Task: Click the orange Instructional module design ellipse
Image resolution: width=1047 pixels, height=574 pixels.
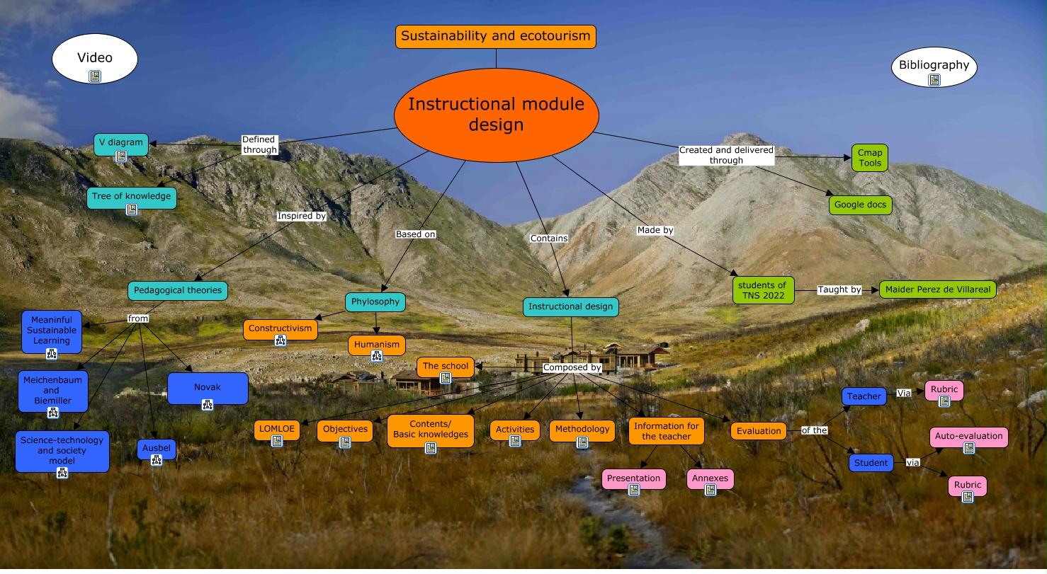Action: coord(496,115)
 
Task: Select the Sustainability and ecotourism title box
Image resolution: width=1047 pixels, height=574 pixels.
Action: coord(495,36)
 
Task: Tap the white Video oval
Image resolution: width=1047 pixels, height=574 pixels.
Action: coord(95,59)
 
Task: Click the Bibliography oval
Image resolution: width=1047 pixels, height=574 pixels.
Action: coord(934,66)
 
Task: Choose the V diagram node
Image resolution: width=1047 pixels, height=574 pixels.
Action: coord(121,143)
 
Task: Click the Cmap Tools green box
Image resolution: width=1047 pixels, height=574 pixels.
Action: coord(869,158)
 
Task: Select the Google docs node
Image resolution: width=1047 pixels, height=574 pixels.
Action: coord(860,205)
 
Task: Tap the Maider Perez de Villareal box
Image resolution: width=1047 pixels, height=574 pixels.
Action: coord(937,289)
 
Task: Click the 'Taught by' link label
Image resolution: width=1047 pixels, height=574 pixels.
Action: coord(839,289)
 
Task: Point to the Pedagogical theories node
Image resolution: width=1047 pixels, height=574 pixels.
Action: coord(177,290)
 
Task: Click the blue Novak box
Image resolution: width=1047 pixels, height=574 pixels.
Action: coord(208,388)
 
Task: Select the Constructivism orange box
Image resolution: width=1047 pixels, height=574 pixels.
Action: coord(280,329)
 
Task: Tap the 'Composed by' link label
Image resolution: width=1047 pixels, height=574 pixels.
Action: coord(572,367)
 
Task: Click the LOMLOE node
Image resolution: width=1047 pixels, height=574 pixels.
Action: coord(277,430)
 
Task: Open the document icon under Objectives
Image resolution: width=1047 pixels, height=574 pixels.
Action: coord(345,442)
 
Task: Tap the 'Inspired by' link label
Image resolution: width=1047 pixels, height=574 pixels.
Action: coord(301,216)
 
